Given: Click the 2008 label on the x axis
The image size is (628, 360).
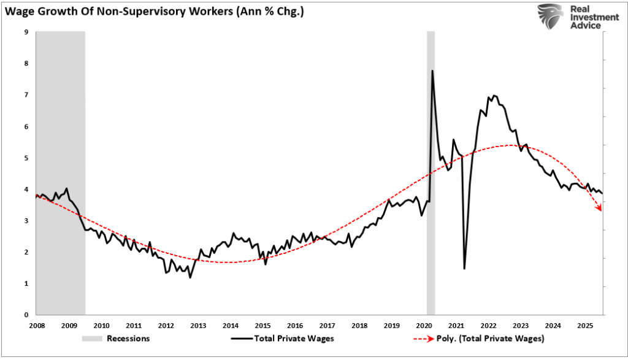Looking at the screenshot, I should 36,325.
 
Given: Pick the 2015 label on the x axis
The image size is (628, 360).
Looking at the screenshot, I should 262,325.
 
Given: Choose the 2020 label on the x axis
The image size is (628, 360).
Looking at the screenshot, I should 424,325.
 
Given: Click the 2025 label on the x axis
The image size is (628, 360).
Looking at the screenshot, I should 585,325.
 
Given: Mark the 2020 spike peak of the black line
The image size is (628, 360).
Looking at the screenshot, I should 432,71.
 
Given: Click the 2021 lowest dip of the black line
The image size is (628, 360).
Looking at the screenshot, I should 464,268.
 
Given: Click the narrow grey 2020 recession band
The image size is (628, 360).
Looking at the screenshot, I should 431,184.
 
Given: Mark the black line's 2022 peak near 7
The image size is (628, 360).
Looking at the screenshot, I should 494,96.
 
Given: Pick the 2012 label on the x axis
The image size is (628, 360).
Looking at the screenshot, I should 166,325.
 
